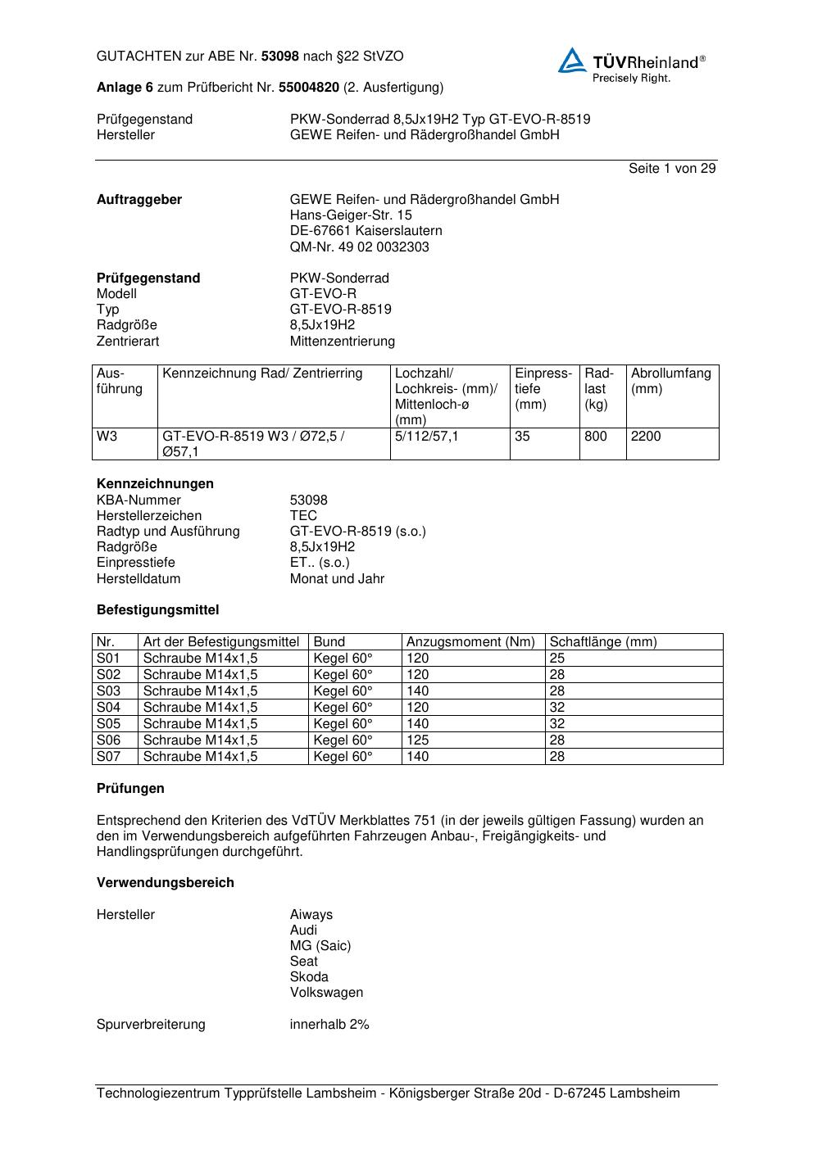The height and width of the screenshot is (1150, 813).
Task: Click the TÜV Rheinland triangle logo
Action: click(x=572, y=61)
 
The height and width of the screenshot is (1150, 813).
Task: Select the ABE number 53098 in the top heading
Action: click(x=280, y=57)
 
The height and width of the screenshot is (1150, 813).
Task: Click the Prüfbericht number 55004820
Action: click(x=309, y=87)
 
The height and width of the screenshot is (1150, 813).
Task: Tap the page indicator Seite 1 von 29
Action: click(x=672, y=169)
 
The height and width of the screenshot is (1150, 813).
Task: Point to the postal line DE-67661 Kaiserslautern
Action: click(x=366, y=231)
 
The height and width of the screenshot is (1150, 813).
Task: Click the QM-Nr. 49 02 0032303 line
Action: click(x=359, y=247)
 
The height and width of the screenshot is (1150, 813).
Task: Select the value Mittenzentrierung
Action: click(x=342, y=341)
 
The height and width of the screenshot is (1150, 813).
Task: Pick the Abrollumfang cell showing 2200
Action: click(x=646, y=437)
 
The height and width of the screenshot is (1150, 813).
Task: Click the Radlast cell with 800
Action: click(x=596, y=437)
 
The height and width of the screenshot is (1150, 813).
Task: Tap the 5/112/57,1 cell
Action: click(x=427, y=437)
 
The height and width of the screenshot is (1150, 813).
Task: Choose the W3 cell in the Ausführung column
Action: click(x=107, y=437)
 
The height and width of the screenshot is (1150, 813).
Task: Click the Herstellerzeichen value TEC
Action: click(x=303, y=515)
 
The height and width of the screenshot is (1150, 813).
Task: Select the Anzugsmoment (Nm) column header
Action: click(x=470, y=642)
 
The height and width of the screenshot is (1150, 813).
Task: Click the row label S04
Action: click(x=108, y=708)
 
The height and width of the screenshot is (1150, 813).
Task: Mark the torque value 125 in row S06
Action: click(x=418, y=740)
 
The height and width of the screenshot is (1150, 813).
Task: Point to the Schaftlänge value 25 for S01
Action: click(x=557, y=659)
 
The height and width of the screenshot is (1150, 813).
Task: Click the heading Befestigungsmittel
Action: click(x=157, y=610)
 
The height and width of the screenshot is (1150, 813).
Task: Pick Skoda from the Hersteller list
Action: click(x=309, y=977)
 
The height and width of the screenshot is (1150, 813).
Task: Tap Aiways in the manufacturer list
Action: click(x=311, y=915)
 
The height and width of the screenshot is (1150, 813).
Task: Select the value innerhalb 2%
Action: click(x=329, y=1025)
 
